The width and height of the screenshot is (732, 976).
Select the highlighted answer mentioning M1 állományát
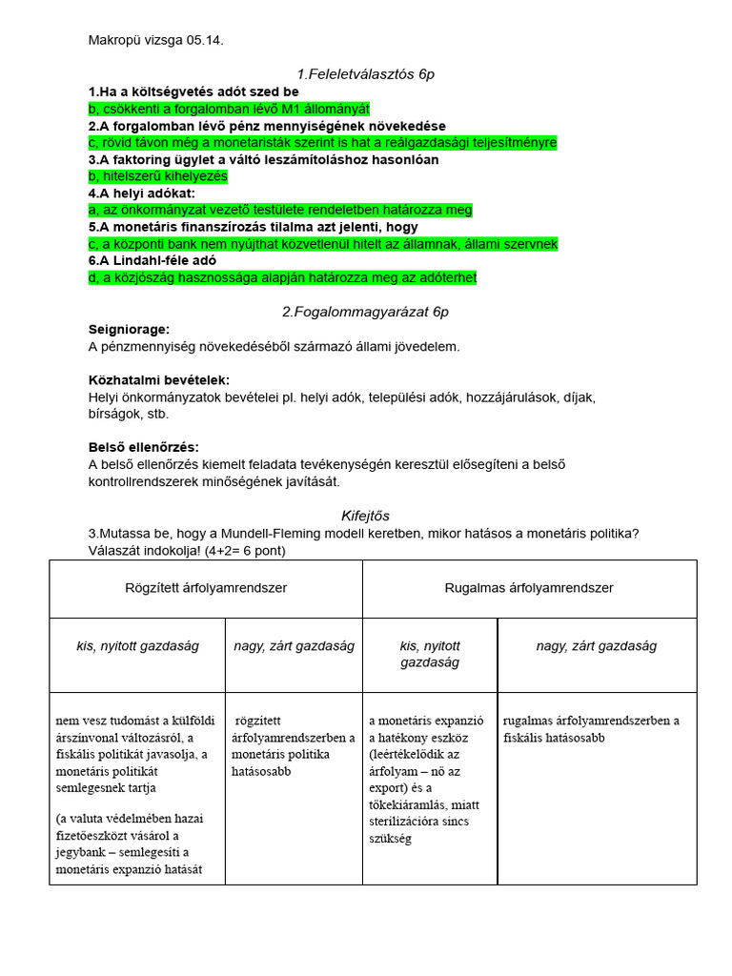pos(229,109)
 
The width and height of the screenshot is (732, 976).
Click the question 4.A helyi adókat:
pos(141,193)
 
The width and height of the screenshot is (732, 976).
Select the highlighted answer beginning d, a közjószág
pos(282,277)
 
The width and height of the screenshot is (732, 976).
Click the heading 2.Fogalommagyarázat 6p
pos(365,312)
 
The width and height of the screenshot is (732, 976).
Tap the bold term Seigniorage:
pos(129,329)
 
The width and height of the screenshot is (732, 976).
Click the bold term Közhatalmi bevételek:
pos(152,379)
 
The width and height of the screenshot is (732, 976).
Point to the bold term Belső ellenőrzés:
pos(144,447)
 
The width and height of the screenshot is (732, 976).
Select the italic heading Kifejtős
pos(365,516)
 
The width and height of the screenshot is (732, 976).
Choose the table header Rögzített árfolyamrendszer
pos(206,588)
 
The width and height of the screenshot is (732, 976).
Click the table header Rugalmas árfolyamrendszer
pos(529,588)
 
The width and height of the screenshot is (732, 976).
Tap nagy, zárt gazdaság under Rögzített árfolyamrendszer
pos(294,646)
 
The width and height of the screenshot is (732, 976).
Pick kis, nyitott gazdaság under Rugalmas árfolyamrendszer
pos(429,654)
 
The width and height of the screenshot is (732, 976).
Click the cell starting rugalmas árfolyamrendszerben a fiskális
pos(591,729)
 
